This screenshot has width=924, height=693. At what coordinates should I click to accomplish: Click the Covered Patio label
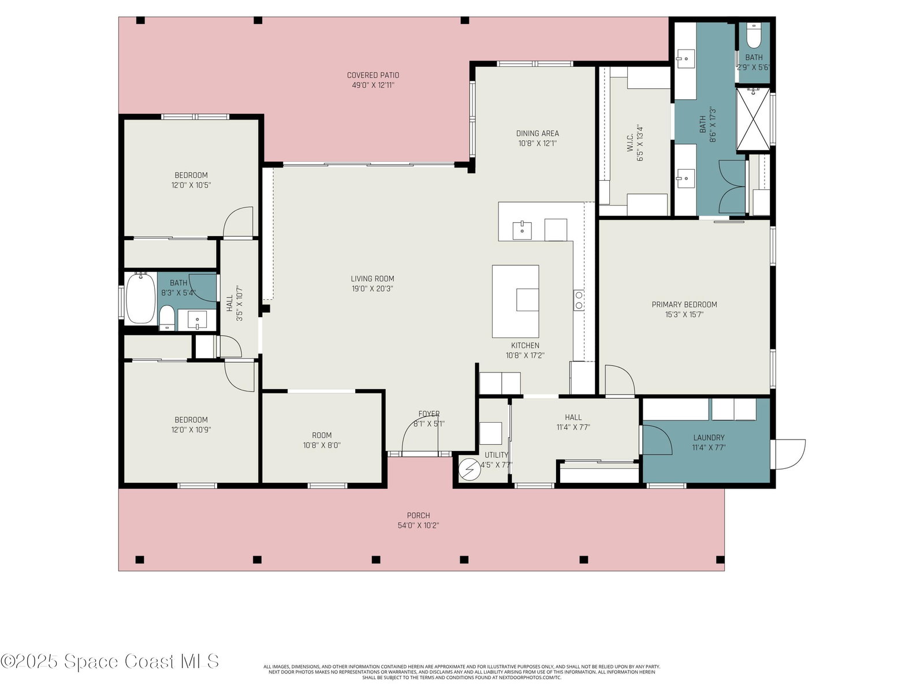pyautogui.click(x=373, y=75)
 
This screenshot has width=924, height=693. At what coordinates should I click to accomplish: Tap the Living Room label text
pyautogui.click(x=372, y=278)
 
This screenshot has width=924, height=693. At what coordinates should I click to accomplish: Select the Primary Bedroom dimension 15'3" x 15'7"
pyautogui.click(x=684, y=315)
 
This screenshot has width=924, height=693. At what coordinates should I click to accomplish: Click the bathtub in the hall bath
pyautogui.click(x=140, y=298)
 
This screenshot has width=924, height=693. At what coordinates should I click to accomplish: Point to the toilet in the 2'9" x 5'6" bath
pyautogui.click(x=753, y=37)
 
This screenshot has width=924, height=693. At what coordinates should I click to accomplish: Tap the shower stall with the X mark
pyautogui.click(x=752, y=119)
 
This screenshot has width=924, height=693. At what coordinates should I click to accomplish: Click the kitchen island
pyautogui.click(x=515, y=301)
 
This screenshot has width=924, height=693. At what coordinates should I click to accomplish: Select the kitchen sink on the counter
pyautogui.click(x=522, y=230)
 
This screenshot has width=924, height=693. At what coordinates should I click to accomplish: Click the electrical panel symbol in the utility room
pyautogui.click(x=470, y=470)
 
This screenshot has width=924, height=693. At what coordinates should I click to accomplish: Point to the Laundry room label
pyautogui.click(x=709, y=438)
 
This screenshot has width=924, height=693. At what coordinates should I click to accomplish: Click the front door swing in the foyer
pyautogui.click(x=420, y=433)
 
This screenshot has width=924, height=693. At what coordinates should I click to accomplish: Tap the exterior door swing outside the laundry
pyautogui.click(x=790, y=454)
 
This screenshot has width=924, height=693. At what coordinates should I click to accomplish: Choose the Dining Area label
pyautogui.click(x=538, y=133)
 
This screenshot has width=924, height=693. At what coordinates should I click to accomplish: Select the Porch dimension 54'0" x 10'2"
pyautogui.click(x=419, y=526)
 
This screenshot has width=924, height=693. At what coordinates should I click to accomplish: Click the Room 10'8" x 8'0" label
pyautogui.click(x=322, y=440)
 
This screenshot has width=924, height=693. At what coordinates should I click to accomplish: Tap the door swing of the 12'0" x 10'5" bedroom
pyautogui.click(x=239, y=221)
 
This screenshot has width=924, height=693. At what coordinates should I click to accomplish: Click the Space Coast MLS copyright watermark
pyautogui.click(x=110, y=661)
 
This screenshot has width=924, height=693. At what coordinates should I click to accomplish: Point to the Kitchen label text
pyautogui.click(x=525, y=345)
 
